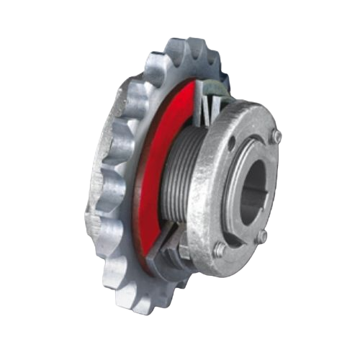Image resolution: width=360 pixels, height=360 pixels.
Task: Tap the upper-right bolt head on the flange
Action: (x=275, y=137)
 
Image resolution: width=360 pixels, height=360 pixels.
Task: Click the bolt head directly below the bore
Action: (x=262, y=235)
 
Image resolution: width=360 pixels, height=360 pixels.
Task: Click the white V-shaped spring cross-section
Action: (x=205, y=108)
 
